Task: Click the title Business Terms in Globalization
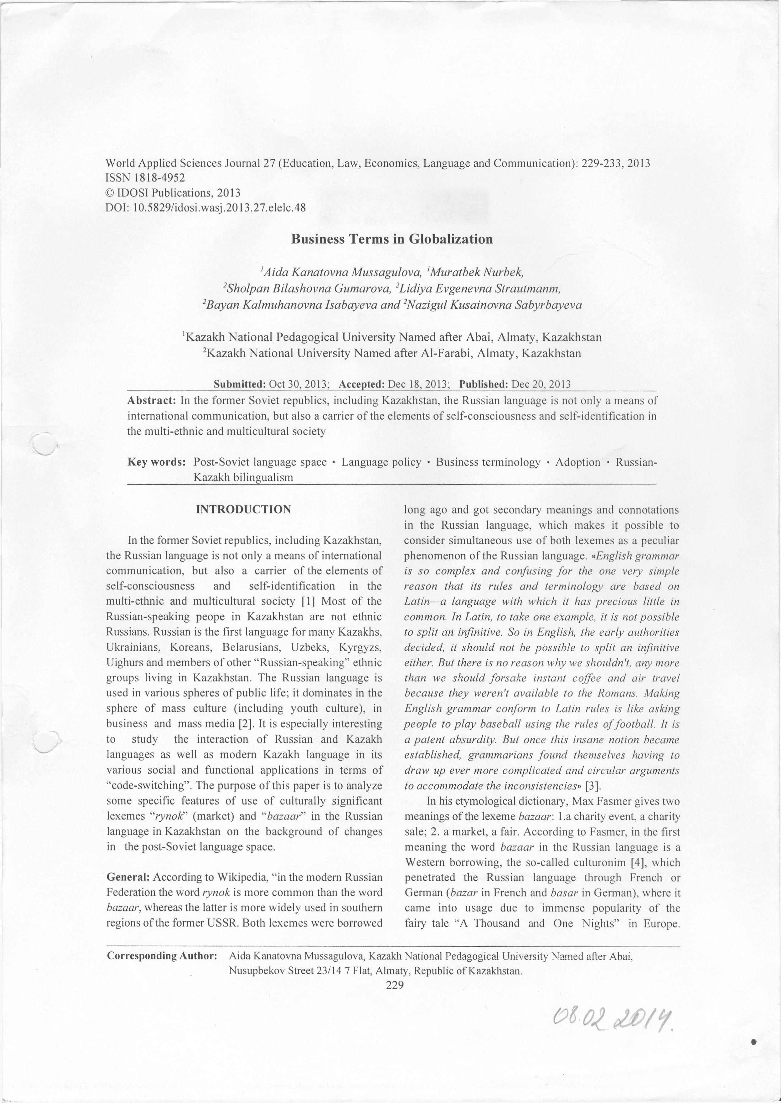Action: [392, 239]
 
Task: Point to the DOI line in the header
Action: [205, 208]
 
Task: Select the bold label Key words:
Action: [156, 462]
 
